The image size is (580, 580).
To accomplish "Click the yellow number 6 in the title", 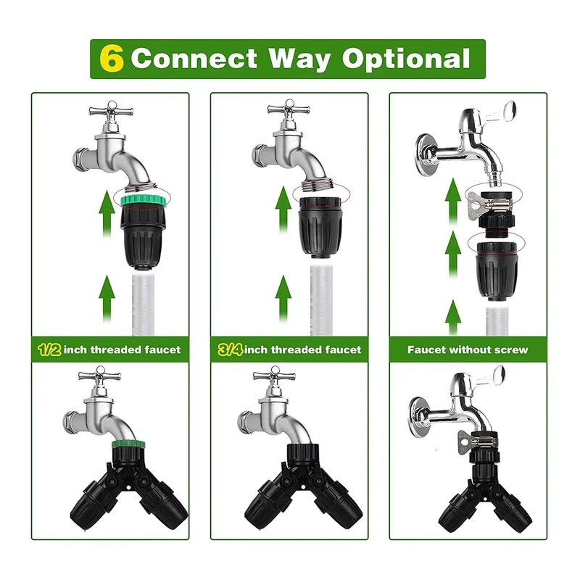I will (111, 59).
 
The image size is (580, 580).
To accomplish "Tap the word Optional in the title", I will (406, 59).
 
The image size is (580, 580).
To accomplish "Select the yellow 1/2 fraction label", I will (49, 349).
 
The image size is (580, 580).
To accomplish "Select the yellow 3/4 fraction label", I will (230, 349).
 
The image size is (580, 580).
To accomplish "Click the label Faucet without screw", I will (467, 349).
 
